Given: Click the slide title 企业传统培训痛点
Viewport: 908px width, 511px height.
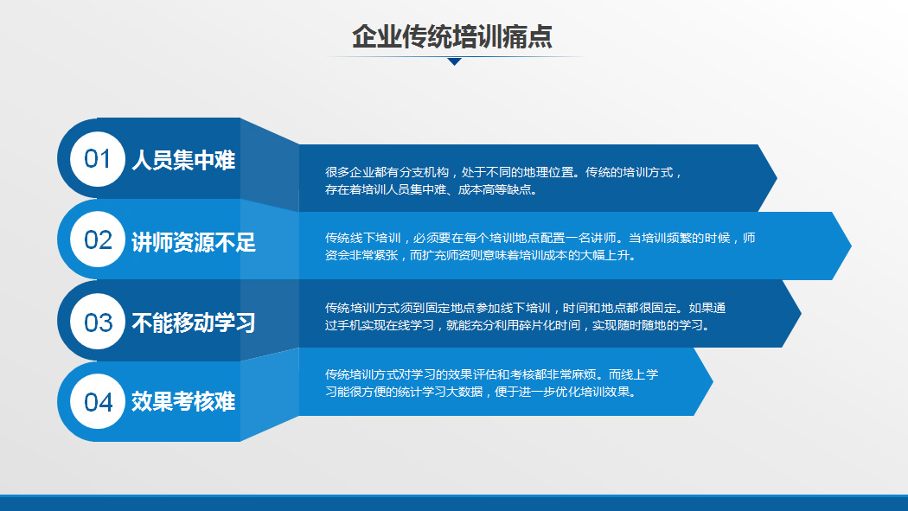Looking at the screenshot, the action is coord(452,36).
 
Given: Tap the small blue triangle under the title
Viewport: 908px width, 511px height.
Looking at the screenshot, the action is coord(455,61).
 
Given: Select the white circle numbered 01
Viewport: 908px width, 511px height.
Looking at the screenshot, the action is coord(97,159).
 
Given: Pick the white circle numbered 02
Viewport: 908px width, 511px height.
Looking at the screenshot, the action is coord(97,240).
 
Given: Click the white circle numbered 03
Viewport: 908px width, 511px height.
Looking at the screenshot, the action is coord(97,322).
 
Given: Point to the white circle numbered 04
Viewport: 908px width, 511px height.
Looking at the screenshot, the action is coord(97,402).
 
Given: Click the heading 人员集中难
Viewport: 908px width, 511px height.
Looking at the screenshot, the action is coord(183,160).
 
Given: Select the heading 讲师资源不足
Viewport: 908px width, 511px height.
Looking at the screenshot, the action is coord(194,242).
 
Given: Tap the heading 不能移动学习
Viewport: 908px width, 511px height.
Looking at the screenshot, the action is coord(194,323).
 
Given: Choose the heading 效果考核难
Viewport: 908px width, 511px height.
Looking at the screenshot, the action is coord(183,402).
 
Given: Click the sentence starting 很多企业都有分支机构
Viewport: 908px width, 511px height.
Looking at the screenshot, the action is coord(504,172).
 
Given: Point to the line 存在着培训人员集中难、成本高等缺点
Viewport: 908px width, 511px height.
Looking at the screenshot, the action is coord(432,190).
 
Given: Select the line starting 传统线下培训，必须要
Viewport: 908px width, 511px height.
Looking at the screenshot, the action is coord(540,238).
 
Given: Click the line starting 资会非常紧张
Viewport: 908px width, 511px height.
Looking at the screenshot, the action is coord(480,255).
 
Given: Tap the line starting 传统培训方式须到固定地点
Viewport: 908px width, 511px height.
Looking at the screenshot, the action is coord(525,308).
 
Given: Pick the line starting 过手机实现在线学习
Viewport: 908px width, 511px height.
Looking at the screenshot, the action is coord(517,325).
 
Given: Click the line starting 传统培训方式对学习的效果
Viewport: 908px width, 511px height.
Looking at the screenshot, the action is coord(492,374).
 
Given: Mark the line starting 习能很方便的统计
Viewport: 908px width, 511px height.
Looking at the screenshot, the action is coord(481,392).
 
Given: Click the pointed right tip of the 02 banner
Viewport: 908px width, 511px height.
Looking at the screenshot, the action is coord(851,246).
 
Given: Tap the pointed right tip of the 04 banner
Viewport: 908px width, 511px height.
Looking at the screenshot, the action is coord(713,381).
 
